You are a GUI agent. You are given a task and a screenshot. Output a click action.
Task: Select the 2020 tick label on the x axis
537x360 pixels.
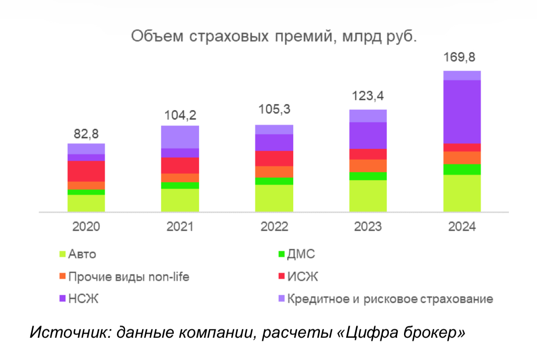86,227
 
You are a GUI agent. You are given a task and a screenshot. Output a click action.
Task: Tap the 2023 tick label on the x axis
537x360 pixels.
368,227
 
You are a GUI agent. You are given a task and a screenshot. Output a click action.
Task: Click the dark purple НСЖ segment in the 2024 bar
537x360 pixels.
462,112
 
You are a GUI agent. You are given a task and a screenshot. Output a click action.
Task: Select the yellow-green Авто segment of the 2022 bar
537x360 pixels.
274,198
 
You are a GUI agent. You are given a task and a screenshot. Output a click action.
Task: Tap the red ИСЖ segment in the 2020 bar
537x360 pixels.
86,171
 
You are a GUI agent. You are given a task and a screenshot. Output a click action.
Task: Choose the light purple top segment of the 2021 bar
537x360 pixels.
180,136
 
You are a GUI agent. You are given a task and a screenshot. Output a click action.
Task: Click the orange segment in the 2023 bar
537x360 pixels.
368,166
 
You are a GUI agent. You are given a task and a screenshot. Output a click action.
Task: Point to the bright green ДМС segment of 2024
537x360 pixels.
462,169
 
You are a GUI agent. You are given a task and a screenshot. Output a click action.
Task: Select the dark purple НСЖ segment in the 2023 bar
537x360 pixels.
368,135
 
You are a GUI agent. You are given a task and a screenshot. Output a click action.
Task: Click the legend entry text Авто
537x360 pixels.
82,254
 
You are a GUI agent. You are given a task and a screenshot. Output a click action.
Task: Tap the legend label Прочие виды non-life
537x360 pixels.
129,276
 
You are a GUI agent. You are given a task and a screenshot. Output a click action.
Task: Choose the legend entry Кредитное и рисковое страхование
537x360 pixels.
390,299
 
